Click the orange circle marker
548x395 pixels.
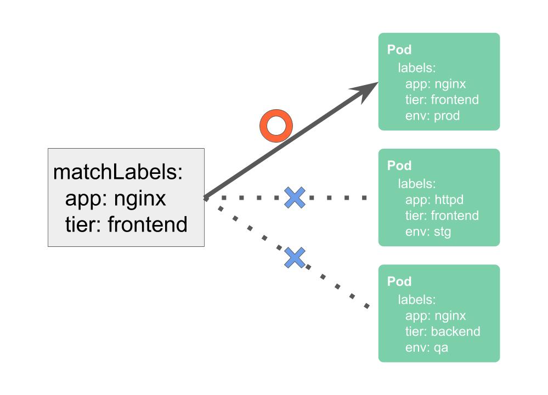click(275, 126)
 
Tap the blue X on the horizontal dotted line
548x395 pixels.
click(295, 198)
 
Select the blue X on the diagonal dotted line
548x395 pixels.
click(295, 257)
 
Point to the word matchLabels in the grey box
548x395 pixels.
click(117, 172)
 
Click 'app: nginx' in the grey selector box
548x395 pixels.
click(115, 198)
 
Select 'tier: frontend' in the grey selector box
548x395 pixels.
click(126, 224)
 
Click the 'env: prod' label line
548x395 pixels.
click(432, 116)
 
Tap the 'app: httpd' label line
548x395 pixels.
click(434, 200)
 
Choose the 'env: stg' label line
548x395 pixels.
click(428, 232)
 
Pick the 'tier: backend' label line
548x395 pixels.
click(442, 331)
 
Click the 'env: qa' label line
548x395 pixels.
click(427, 347)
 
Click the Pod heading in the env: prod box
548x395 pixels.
click(399, 50)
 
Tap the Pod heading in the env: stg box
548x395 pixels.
click(399, 166)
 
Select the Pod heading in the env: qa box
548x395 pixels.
click(399, 282)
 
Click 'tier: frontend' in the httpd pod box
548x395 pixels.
click(442, 216)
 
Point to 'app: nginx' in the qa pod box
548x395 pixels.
click(436, 315)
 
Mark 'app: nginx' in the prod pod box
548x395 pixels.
click(436, 84)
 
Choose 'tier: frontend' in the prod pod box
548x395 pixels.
click(442, 100)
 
